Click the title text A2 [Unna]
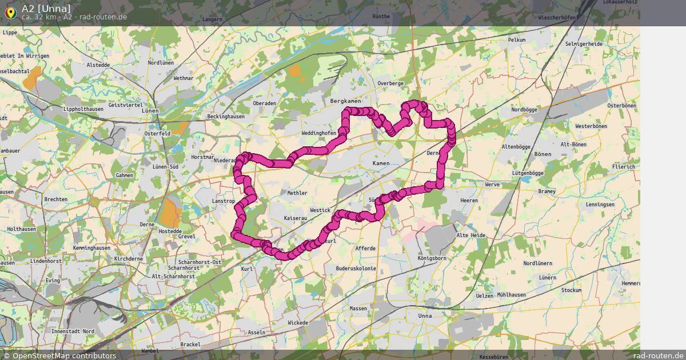(46, 8)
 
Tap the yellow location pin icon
(10, 12)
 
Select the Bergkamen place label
(346, 101)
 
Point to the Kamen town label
(381, 163)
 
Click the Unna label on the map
(425, 315)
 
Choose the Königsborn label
(432, 258)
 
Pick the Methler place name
(297, 193)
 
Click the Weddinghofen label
(318, 133)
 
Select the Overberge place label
(390, 83)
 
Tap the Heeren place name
(469, 201)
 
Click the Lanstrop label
(223, 201)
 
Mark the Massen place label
(358, 309)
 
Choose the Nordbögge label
(524, 109)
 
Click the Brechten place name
(55, 199)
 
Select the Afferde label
(365, 249)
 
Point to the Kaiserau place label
(296, 219)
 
